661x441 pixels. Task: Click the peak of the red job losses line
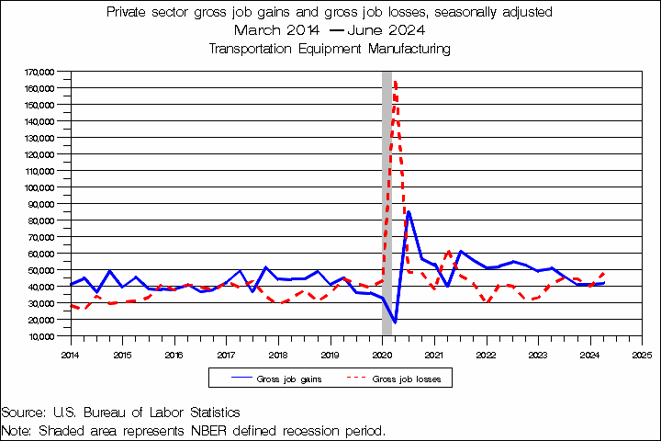point(395,81)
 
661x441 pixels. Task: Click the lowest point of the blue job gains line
point(395,322)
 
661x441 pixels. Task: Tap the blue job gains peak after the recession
point(409,212)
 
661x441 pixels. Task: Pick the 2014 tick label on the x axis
point(70,353)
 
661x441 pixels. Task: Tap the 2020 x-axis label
point(382,353)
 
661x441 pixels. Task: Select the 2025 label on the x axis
point(642,353)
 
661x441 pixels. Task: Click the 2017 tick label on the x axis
point(226,353)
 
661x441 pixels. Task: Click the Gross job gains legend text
point(290,379)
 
